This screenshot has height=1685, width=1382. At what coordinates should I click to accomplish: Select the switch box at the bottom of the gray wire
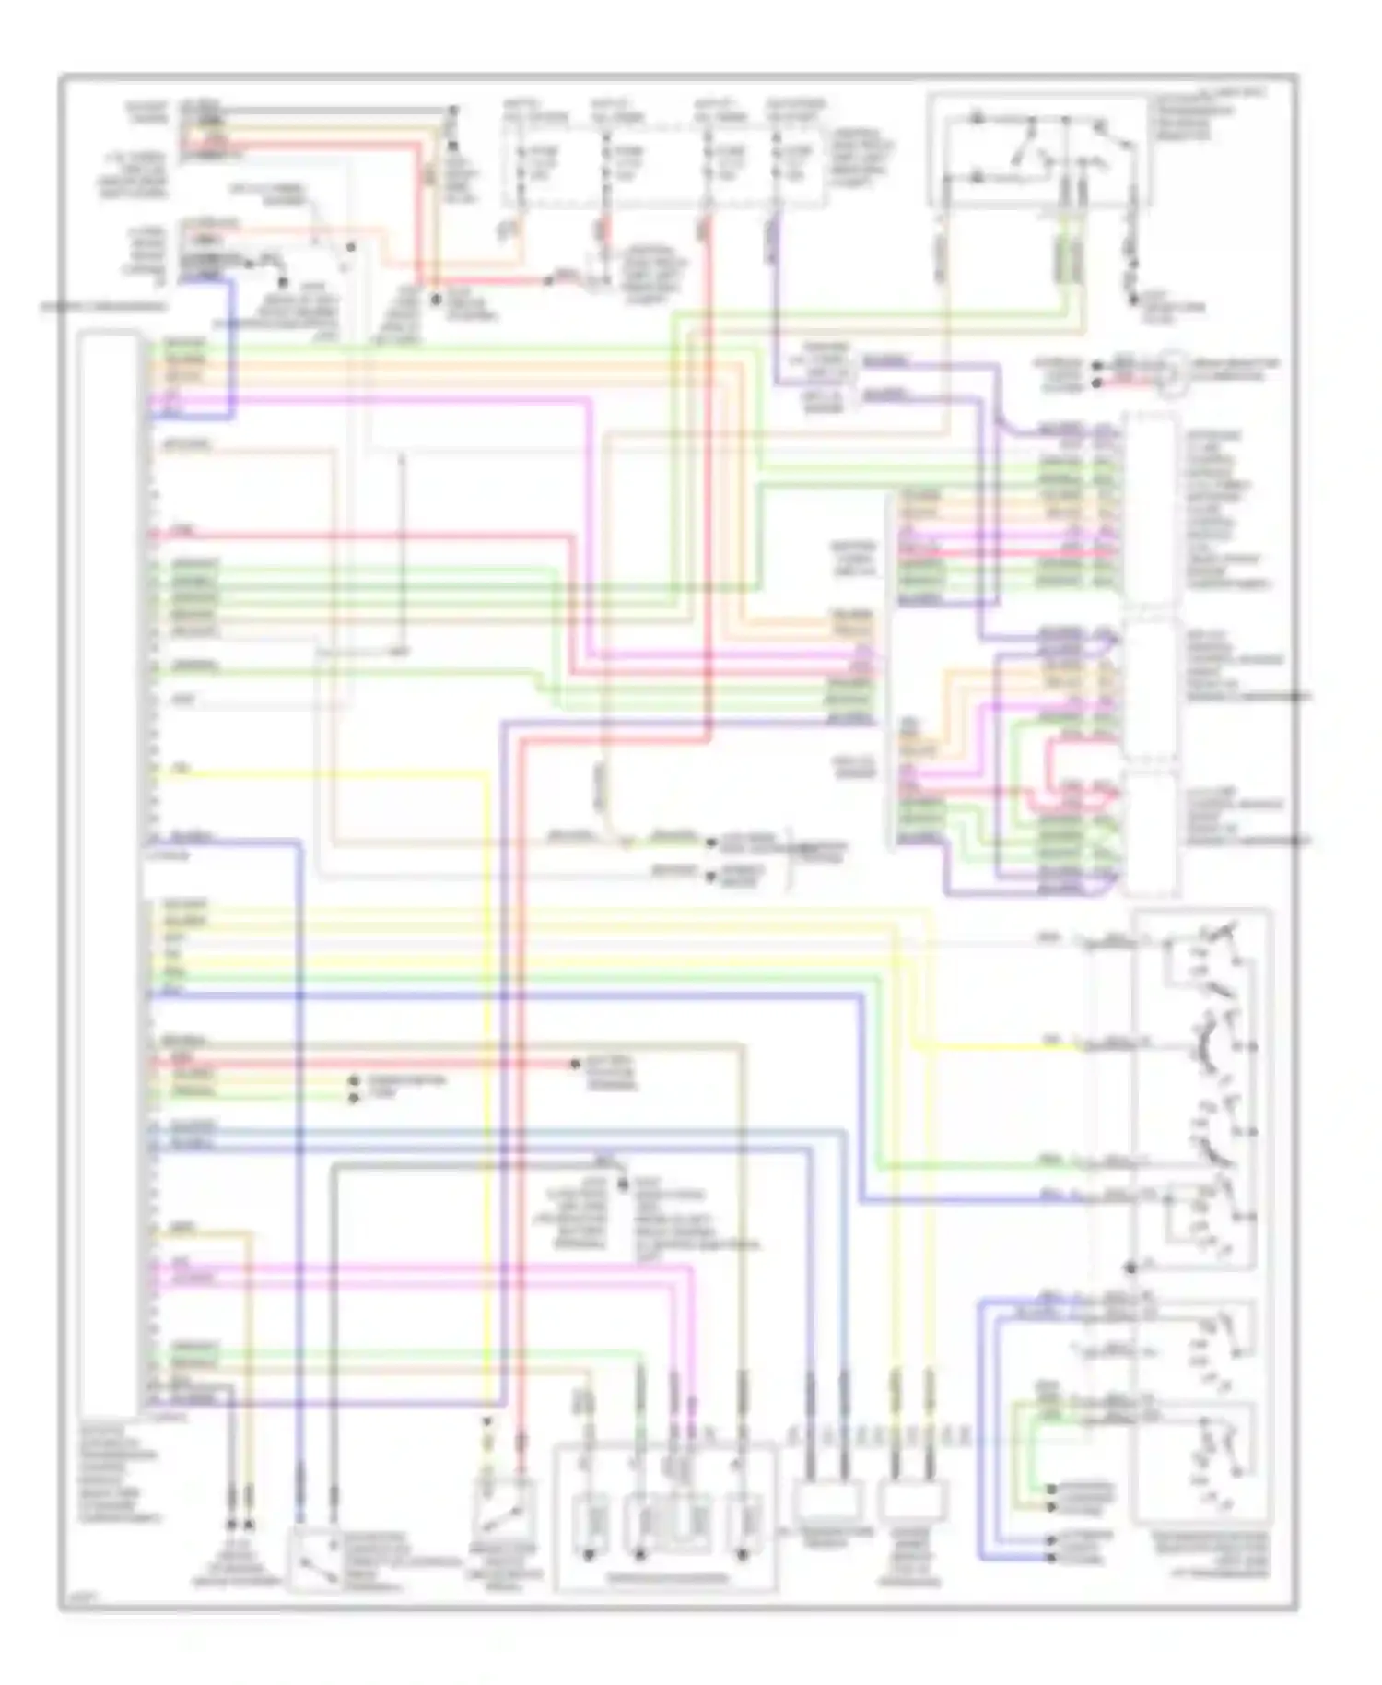[x=315, y=1559]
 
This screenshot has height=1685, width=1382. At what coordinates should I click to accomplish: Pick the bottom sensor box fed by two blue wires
[x=826, y=1502]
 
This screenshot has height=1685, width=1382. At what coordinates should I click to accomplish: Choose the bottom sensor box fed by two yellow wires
[x=912, y=1502]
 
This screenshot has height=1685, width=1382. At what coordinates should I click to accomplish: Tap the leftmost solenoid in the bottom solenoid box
[x=588, y=1523]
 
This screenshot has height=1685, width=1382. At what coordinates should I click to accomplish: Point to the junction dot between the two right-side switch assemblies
[x=1132, y=1267]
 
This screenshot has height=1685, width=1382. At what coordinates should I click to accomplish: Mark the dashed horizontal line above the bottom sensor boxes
[x=880, y=1434]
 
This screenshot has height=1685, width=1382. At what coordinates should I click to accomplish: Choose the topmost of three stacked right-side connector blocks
[x=1149, y=510]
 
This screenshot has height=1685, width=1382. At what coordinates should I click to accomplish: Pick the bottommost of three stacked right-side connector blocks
[x=1149, y=834]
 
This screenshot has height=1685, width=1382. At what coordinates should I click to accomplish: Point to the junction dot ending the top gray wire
[x=452, y=111]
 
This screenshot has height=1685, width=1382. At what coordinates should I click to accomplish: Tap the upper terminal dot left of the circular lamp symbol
[x=1096, y=365]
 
